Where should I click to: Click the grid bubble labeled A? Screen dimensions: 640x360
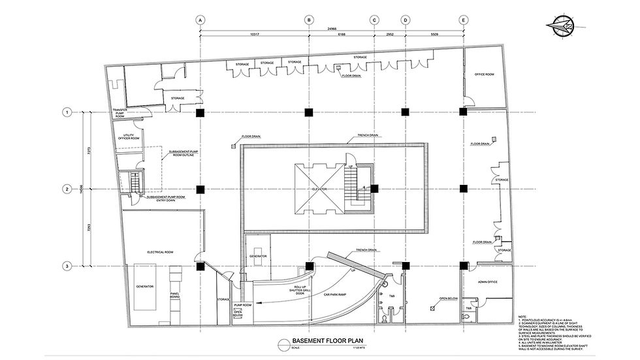pos(200,20)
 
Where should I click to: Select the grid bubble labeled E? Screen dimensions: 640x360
pos(463,20)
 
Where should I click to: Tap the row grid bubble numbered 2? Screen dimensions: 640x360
pos(67,189)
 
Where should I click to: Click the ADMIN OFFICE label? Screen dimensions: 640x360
pos(488,281)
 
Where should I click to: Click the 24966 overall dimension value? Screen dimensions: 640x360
pos(332,29)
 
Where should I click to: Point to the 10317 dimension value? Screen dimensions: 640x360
pos(254,35)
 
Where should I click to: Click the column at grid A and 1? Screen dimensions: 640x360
pos(200,112)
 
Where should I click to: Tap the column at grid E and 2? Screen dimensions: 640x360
pos(463,189)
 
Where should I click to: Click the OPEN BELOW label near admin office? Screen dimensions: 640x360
pos(448,299)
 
